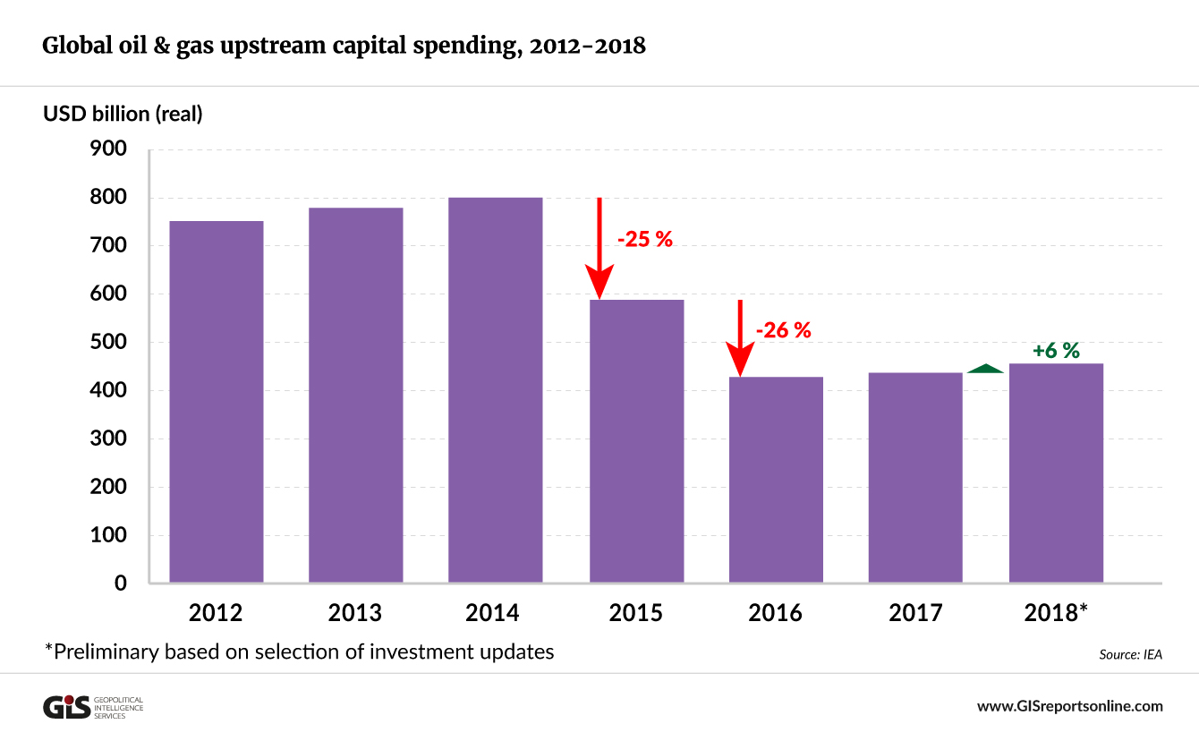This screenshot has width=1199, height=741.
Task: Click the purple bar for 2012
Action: click(217, 402)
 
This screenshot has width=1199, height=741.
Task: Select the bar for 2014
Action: click(496, 390)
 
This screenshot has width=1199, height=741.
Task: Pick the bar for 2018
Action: click(1056, 473)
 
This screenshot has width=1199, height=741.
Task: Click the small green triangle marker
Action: click(985, 368)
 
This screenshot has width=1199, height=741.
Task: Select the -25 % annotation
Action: click(644, 239)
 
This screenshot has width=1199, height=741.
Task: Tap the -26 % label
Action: click(783, 330)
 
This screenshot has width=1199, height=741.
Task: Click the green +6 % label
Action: click(1056, 351)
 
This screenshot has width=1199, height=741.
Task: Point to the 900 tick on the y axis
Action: click(108, 149)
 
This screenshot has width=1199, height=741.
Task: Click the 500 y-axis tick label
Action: click(108, 343)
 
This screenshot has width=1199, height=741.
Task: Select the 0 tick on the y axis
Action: click(120, 583)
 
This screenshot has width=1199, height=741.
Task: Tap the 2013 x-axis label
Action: click(355, 613)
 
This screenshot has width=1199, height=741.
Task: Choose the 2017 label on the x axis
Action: click(915, 613)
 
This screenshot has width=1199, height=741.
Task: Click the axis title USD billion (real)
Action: click(123, 114)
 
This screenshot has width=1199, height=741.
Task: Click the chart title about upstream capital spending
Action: click(344, 46)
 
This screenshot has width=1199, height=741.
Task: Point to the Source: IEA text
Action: click(1130, 654)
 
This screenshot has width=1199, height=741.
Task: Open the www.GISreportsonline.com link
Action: click(1069, 706)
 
